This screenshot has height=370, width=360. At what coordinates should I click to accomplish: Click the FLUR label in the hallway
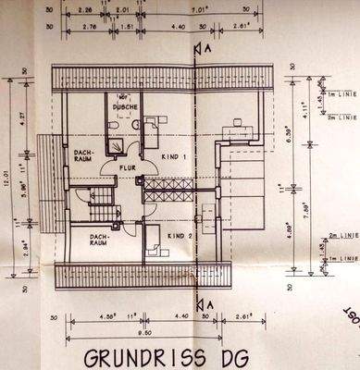coord(127,167)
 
